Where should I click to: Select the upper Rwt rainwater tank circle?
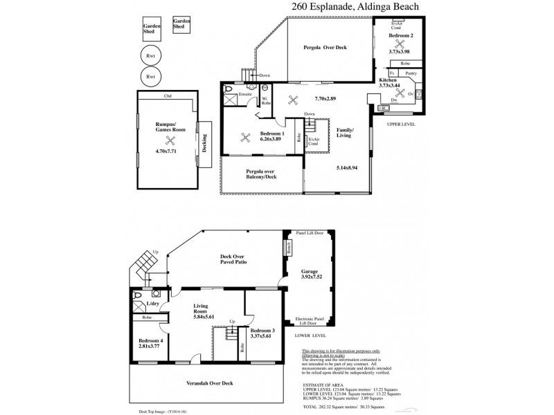(x=150, y=55)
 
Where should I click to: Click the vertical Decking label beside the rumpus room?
(x=205, y=142)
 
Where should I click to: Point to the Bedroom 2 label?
(x=400, y=35)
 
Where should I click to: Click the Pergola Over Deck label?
(x=325, y=48)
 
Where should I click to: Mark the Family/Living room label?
(x=345, y=132)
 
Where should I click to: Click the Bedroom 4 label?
(x=150, y=342)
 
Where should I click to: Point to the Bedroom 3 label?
(x=263, y=331)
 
